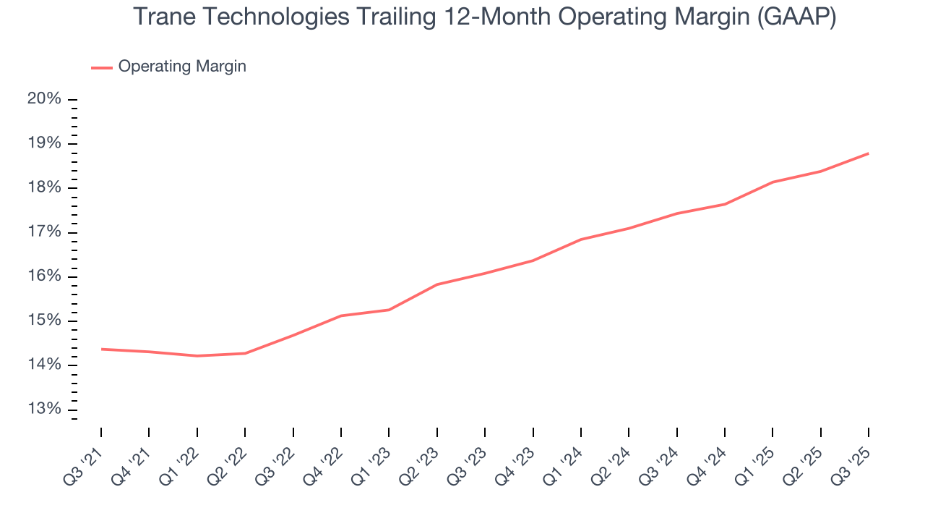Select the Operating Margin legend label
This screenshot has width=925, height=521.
pos(182,67)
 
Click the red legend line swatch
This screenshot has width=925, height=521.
pos(102,67)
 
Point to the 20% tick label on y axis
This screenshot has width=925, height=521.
pos(44,99)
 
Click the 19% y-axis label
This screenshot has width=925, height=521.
pos(44,143)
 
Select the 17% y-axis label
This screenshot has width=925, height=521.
pos(44,232)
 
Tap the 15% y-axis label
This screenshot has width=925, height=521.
pos(44,321)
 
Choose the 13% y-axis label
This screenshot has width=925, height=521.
pos(44,410)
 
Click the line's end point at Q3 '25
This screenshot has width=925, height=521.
pos(868,153)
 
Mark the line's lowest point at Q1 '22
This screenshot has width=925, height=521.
pos(197,356)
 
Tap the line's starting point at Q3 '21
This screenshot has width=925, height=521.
pos(101,350)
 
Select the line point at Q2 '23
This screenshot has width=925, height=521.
pos(436,284)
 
